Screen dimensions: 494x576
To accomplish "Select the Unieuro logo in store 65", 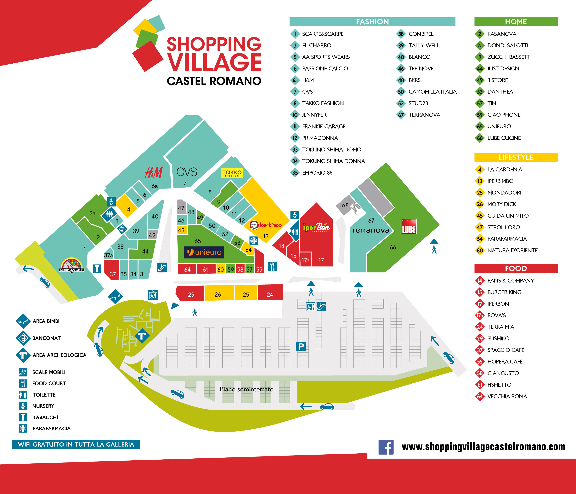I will point(204,252).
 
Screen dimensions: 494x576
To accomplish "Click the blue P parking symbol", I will point(301,346).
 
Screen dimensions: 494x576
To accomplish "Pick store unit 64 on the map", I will point(187,269).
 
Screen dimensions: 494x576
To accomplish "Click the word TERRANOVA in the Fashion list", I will point(424,115).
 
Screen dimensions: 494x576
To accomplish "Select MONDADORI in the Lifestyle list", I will point(504,192).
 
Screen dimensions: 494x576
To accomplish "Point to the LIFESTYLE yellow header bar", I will point(516,157).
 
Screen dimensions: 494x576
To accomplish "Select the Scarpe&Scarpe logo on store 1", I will point(71,265).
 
